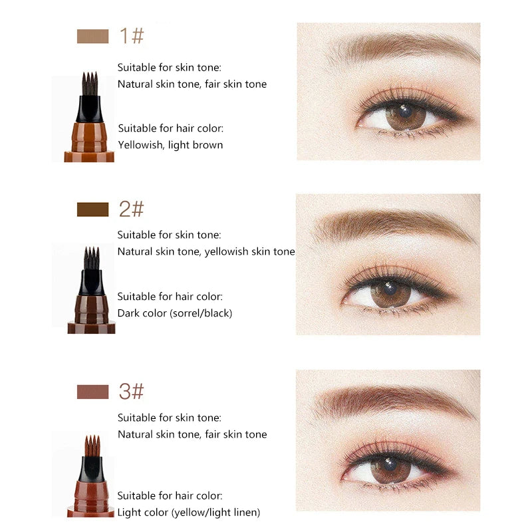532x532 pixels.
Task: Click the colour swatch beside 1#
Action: point(92,36)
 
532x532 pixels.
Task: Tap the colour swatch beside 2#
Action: point(92,209)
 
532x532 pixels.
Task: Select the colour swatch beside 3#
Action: point(92,392)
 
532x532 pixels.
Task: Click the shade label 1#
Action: point(131,36)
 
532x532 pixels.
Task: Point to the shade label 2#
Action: point(131,209)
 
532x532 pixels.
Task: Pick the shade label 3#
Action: point(131,392)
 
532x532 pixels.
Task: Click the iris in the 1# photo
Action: point(406,117)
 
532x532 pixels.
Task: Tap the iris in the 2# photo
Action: point(390,293)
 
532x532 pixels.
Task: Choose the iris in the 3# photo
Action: point(390,469)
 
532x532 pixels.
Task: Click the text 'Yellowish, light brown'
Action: point(170,145)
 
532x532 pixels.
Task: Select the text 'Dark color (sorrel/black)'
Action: point(175,313)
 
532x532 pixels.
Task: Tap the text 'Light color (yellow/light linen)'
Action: point(189,512)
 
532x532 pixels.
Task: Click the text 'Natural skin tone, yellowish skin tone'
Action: point(206,251)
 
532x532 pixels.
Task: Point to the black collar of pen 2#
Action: point(92,282)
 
